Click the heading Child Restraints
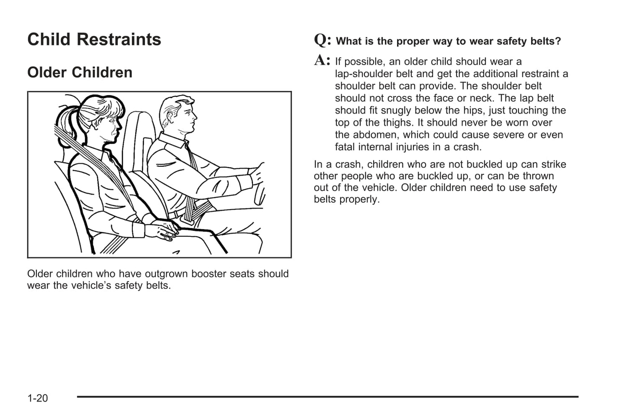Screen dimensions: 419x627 click(x=94, y=40)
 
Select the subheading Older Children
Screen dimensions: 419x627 click(x=79, y=72)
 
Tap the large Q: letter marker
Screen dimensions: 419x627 click(x=322, y=40)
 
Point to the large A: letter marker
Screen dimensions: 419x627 click(x=322, y=60)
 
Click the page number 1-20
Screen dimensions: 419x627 click(x=37, y=398)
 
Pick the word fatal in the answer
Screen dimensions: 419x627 click(x=345, y=147)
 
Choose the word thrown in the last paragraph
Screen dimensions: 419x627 click(x=538, y=176)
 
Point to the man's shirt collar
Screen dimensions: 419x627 click(x=171, y=141)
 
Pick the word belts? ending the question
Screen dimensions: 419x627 click(x=546, y=41)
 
